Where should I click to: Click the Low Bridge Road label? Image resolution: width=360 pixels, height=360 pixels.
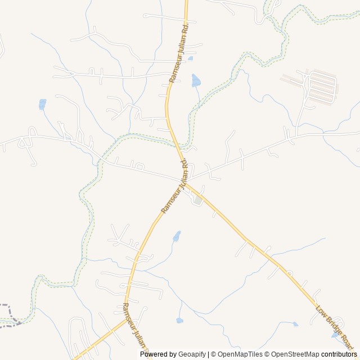[334, 327]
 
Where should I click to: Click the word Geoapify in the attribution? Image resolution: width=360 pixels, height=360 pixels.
[192, 354]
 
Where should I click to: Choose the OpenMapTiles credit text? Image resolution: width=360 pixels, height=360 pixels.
[240, 354]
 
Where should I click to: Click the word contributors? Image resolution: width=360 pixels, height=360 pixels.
[339, 354]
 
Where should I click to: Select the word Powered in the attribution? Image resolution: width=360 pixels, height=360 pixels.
[154, 354]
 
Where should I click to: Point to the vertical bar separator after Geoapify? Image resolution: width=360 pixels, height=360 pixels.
[208, 354]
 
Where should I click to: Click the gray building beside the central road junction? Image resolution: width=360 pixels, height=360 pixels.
[197, 200]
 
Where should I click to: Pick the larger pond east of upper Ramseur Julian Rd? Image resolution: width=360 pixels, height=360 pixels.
[195, 80]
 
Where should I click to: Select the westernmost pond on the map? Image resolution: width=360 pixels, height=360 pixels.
[42, 104]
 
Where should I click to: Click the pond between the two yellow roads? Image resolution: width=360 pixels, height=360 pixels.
[177, 236]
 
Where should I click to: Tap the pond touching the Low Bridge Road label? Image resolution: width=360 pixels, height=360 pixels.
[336, 335]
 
